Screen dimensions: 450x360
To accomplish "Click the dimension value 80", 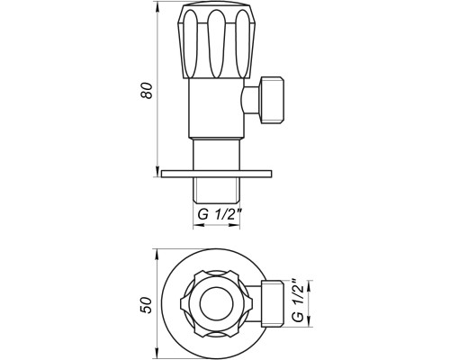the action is coord(147,90).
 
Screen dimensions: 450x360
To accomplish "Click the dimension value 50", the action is coord(147,305).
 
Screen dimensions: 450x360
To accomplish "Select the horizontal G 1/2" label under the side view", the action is coord(220,215).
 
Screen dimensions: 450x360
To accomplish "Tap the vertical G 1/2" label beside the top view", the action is coord(299,300).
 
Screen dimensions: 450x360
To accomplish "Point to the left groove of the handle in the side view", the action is coord(191,44).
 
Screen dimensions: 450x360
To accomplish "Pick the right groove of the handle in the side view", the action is coord(241,44).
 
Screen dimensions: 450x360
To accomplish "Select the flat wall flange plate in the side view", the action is coord(216,174).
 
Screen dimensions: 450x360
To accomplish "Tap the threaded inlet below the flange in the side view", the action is coord(216,191).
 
